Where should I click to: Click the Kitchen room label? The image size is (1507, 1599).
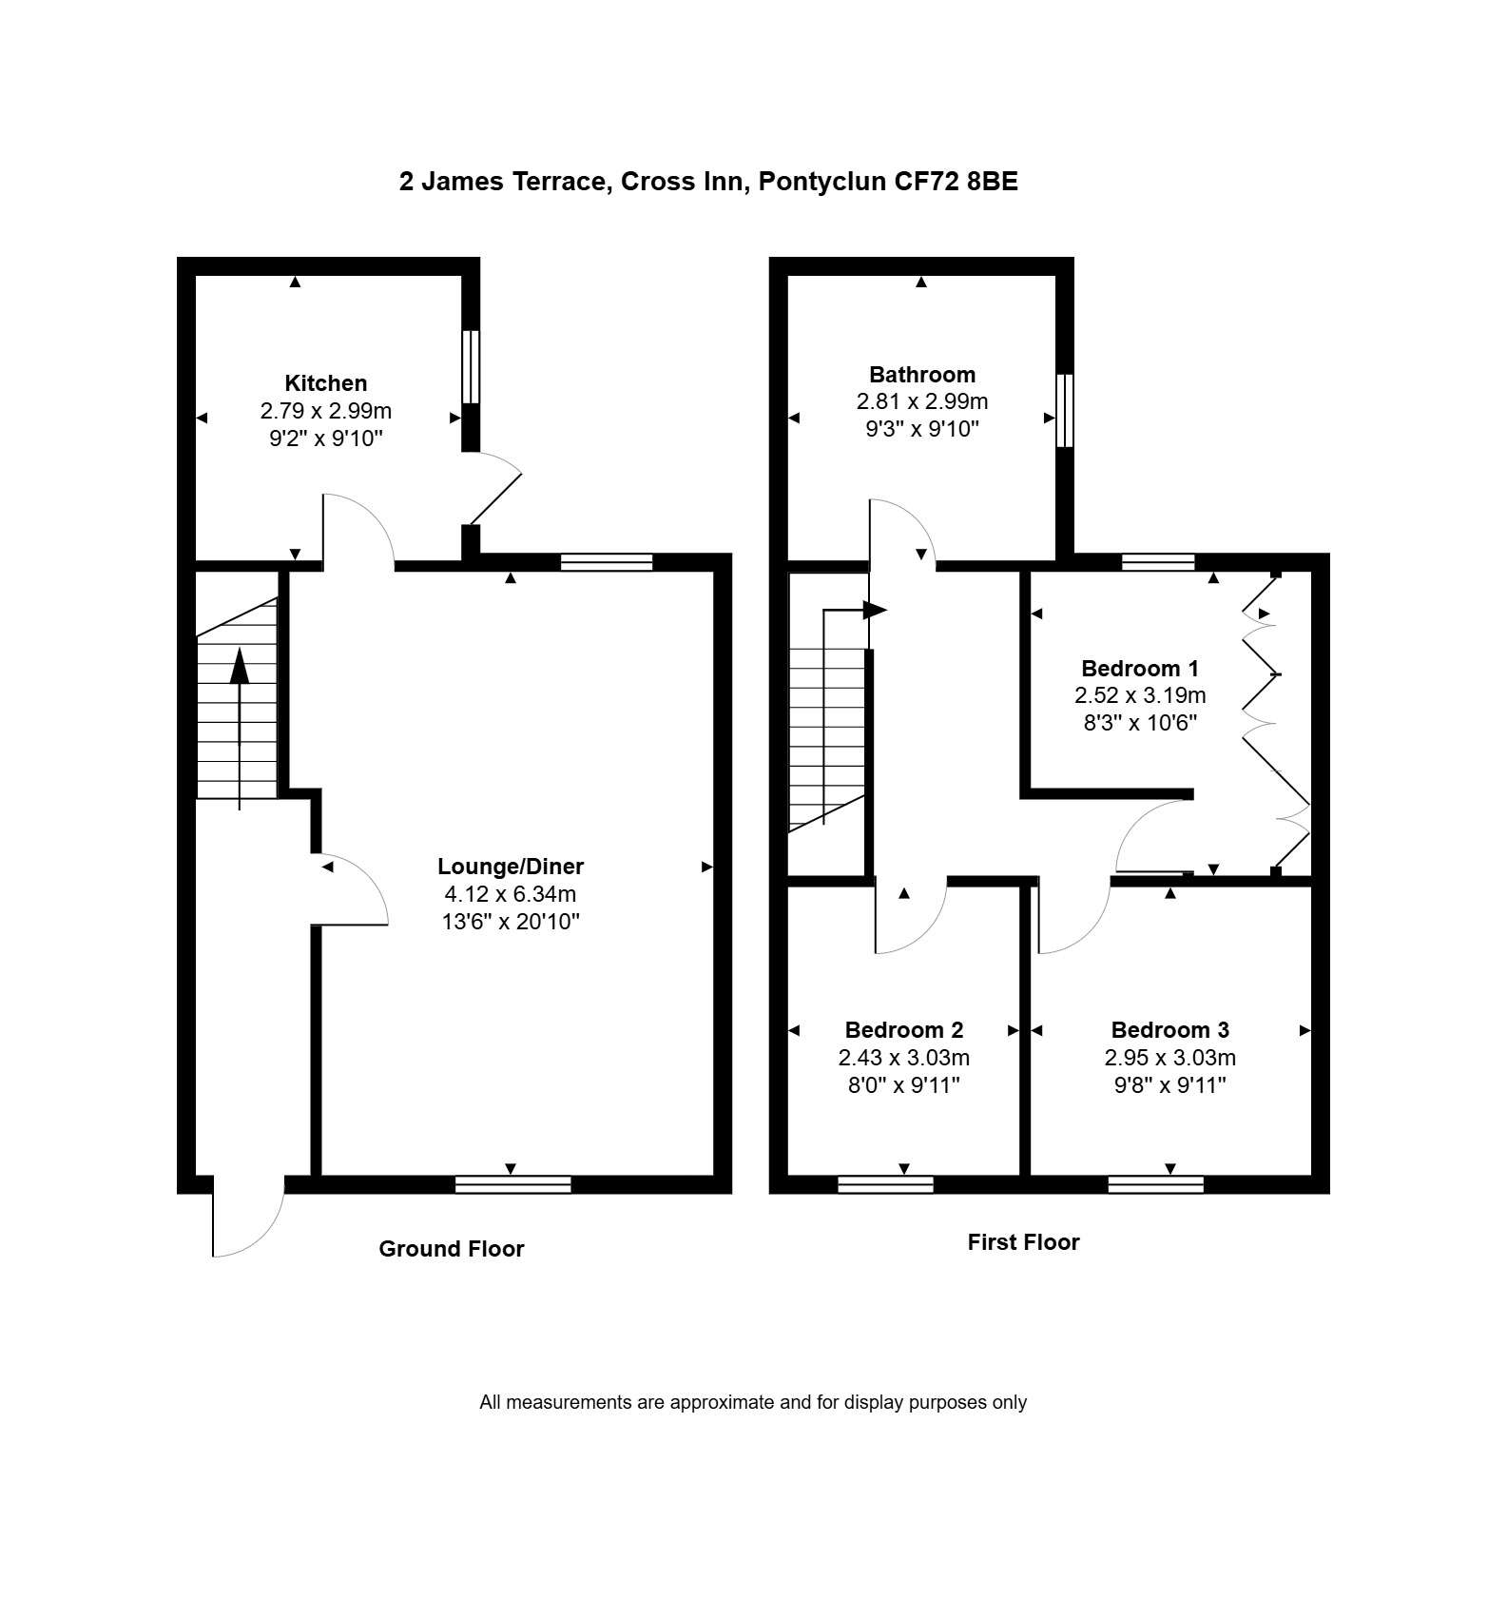click(326, 383)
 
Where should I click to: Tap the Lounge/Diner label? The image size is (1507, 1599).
click(511, 867)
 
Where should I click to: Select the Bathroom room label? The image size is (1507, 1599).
click(922, 375)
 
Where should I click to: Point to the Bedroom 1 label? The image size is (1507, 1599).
click(1140, 669)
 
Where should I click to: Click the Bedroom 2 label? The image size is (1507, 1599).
click(904, 1030)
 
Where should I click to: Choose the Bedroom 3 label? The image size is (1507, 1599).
click(1170, 1030)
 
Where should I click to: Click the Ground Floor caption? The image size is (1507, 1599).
click(452, 1249)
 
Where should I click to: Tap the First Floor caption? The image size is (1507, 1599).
click(1024, 1242)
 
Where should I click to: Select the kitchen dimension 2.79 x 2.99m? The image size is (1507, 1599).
click(326, 411)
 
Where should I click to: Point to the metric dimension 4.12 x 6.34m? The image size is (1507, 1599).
click(511, 894)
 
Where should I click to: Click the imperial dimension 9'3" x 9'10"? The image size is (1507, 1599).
click(922, 429)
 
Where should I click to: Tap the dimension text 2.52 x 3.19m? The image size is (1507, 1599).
click(1140, 695)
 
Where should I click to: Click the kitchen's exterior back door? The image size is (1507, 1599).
click(493, 489)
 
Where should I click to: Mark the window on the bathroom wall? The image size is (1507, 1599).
click(1065, 410)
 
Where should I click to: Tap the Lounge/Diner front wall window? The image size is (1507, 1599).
click(513, 1184)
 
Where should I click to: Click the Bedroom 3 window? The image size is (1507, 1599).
click(1156, 1184)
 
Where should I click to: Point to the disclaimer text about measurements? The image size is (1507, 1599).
click(753, 1402)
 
